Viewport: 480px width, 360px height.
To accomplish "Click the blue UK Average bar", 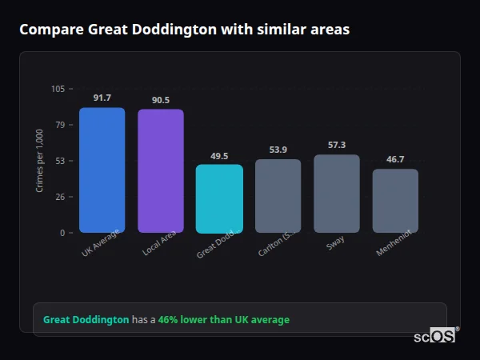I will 102,170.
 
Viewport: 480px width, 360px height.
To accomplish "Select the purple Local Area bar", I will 160,171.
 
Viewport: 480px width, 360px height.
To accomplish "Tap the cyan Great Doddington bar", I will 219,198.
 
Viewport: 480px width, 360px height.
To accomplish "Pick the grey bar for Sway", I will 337,194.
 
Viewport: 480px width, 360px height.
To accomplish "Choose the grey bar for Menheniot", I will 395,201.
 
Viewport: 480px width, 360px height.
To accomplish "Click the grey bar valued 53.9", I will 278,196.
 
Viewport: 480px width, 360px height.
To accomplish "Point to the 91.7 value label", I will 102,98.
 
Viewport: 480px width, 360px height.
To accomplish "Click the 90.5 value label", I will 160,100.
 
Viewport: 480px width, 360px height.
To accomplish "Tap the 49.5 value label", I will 219,156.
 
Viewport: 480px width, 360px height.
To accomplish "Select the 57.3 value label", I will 337,145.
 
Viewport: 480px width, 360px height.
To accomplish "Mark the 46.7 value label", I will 395,159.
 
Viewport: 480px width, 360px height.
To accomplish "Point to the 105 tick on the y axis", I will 58,89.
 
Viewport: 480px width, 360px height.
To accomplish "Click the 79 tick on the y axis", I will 60,125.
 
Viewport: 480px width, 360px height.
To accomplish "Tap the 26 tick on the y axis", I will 60,197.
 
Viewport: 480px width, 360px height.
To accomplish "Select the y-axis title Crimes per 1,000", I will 39,161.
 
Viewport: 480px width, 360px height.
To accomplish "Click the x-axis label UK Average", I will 100,244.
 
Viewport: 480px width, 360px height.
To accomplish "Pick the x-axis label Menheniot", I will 394,244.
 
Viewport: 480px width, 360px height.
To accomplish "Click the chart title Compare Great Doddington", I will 184,30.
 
